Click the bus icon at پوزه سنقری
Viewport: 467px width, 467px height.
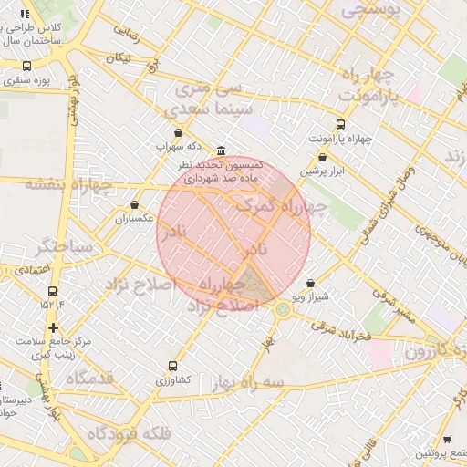pos(26,67)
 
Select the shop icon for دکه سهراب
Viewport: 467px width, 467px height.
pos(177,133)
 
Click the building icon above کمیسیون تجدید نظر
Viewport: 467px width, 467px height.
pos(222,151)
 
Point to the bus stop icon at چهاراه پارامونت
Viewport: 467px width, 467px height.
pos(341,124)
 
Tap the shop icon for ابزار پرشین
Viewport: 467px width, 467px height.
pos(323,157)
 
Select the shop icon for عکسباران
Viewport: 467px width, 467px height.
pos(135,205)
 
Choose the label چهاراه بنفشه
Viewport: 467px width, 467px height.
pos(68,185)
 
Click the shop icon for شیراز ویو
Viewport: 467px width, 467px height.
pos(311,284)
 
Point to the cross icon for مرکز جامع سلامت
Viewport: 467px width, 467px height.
pos(53,327)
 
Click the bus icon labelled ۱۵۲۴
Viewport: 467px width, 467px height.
pos(52,292)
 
